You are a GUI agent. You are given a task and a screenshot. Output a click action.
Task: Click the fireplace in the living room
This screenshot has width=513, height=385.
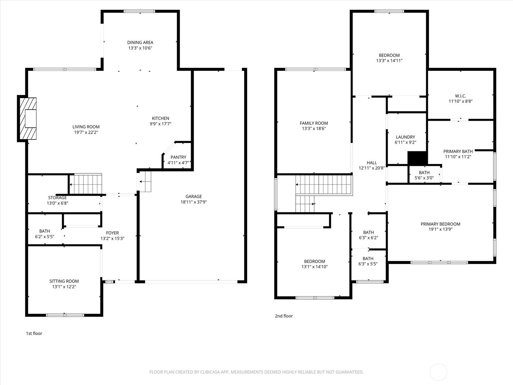click(28, 118)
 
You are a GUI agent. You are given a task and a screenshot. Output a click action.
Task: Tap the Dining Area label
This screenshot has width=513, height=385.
click(140, 42)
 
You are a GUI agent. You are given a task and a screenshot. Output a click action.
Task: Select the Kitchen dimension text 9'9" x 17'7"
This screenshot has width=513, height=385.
click(161, 124)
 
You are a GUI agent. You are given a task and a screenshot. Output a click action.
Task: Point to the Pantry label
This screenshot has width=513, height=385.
click(178, 157)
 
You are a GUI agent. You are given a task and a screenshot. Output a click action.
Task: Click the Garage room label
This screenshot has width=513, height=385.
click(194, 196)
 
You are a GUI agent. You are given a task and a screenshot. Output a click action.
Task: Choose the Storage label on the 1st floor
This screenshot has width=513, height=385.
click(57, 198)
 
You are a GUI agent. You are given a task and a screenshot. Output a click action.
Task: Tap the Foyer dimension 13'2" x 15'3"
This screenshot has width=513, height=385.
click(113, 238)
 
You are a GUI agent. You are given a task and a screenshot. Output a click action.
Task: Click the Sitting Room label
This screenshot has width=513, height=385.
click(64, 281)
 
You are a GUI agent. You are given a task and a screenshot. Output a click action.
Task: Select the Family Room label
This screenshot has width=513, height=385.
click(314, 123)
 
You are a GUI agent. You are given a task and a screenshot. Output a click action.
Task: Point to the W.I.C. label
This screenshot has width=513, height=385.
click(461, 96)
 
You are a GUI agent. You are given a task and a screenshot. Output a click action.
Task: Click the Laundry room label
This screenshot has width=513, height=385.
click(406, 137)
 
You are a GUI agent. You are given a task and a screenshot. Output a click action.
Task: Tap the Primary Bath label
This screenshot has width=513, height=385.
click(458, 151)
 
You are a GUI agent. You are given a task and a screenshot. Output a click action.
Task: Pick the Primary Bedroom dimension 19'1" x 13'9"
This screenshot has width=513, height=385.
click(441, 229)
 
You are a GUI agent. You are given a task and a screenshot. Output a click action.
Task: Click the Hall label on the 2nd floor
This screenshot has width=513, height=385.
click(372, 162)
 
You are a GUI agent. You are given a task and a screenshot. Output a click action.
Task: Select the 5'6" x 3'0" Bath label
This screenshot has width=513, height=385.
click(424, 175)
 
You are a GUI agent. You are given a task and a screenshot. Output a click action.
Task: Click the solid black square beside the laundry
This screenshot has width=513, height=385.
click(418, 158)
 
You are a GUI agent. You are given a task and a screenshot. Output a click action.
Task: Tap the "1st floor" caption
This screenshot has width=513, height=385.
click(34, 333)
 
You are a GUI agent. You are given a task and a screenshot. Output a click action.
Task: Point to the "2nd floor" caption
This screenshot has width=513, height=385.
click(284, 316)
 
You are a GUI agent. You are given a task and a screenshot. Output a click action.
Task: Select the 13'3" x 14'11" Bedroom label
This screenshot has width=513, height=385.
click(389, 58)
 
